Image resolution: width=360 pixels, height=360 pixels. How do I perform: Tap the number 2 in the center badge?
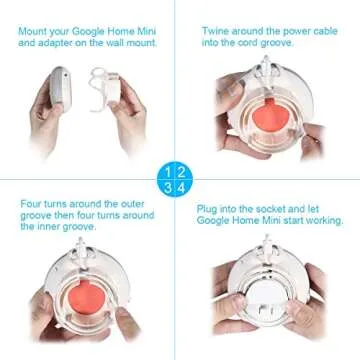pos(186,172)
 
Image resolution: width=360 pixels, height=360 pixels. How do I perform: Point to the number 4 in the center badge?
pos(186,187)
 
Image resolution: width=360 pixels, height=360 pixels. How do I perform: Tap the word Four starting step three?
pos(31,203)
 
